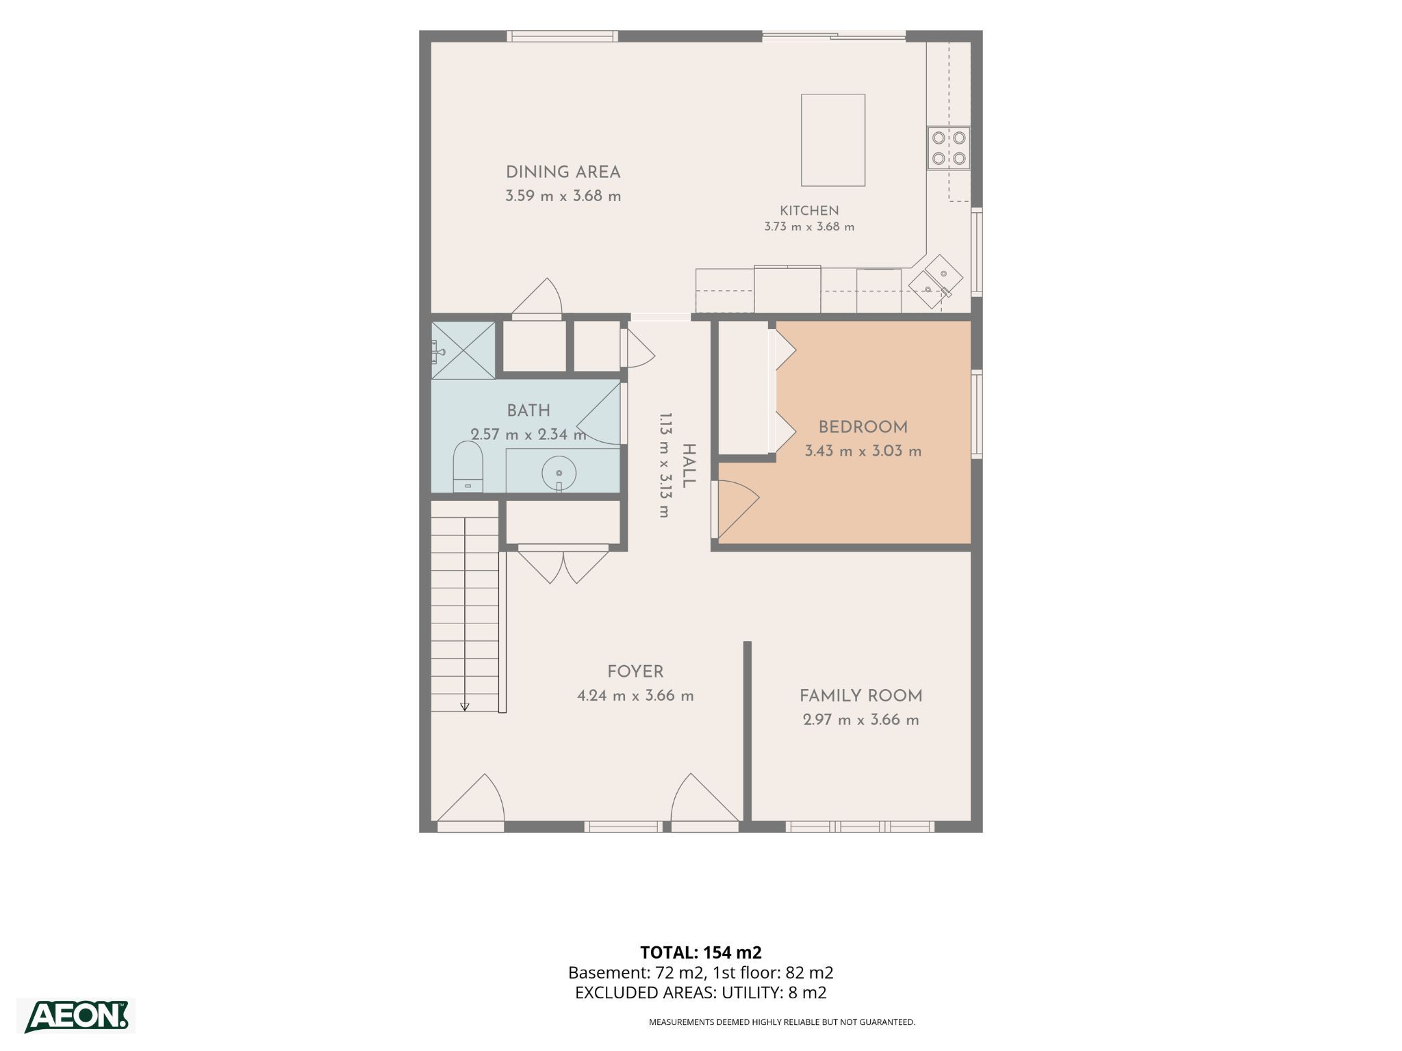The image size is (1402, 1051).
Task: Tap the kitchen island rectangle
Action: [833, 140]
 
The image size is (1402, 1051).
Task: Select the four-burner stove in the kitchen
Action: [949, 148]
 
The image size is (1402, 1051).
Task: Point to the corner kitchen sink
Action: [935, 283]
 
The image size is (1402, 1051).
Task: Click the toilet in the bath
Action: [468, 467]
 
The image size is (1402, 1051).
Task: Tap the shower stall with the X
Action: [463, 350]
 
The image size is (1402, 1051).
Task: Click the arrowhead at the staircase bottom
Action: [465, 707]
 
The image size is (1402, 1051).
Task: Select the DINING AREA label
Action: [563, 172]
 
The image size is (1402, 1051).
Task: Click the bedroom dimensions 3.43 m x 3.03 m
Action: [863, 452]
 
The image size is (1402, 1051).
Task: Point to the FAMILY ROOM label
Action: [861, 696]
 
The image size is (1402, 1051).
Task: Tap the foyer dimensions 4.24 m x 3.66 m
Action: [635, 696]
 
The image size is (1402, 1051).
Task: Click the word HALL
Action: [689, 466]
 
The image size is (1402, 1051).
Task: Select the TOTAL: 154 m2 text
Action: [701, 952]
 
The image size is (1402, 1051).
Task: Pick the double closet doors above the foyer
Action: [563, 564]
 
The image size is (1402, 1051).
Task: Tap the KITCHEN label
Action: [809, 211]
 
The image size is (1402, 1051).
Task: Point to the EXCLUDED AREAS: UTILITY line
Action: [701, 993]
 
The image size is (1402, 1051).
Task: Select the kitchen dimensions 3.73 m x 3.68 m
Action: [809, 226]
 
